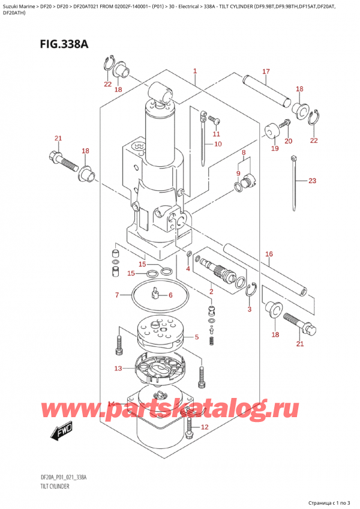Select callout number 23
coord(311,181)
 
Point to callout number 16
coord(269,254)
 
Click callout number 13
coord(118,368)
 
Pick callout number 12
coord(204,427)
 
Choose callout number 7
coord(118,295)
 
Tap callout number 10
coord(217,144)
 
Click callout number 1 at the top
coord(196,72)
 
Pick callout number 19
coord(274,148)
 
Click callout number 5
coord(196,338)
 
